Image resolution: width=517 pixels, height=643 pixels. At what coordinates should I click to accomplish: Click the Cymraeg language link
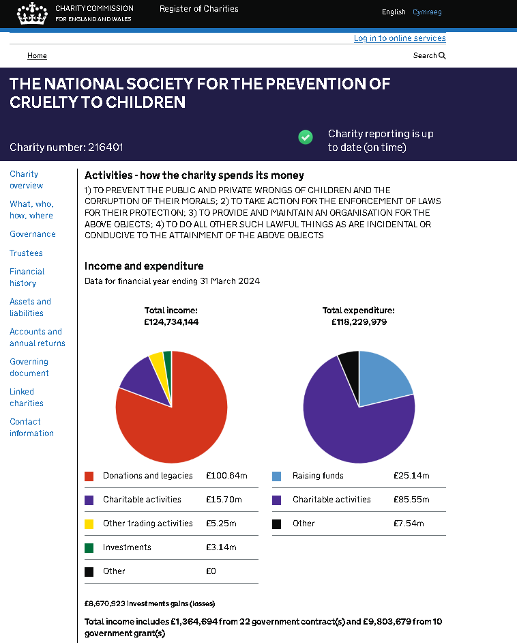click(x=427, y=12)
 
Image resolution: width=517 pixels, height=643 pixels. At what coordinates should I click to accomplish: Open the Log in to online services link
click(x=400, y=38)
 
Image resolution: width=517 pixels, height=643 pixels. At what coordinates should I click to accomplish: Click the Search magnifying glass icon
click(x=442, y=55)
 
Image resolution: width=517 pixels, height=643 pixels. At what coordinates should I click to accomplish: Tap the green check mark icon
click(x=305, y=137)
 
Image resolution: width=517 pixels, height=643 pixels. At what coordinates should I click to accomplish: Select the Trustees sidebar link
click(x=26, y=253)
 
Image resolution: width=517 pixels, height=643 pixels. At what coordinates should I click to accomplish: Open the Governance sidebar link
click(x=32, y=233)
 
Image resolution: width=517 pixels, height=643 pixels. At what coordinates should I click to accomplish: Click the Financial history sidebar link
click(x=27, y=277)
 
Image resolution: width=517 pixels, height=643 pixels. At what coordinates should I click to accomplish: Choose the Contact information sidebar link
click(x=31, y=427)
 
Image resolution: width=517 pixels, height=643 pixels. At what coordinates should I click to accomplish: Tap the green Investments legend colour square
click(x=89, y=548)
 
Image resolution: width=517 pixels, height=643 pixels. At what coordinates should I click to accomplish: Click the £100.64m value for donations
click(x=226, y=476)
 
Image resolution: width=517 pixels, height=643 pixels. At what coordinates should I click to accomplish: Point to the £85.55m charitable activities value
click(x=411, y=500)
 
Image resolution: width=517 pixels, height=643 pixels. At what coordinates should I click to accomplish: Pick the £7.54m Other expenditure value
click(x=409, y=524)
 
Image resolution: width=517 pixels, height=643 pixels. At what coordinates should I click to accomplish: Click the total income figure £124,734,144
click(x=171, y=322)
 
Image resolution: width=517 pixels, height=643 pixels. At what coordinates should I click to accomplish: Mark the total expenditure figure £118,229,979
click(x=359, y=322)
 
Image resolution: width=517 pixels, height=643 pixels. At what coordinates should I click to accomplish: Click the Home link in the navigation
click(x=37, y=55)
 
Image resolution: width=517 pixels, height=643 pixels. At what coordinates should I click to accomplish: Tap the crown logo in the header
click(x=32, y=14)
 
